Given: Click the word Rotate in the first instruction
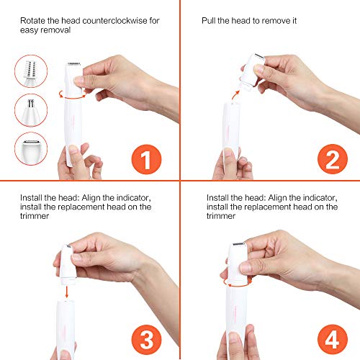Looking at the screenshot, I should click(x=34, y=22).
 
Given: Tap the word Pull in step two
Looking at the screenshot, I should click(x=210, y=22).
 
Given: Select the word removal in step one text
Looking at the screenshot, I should click(x=61, y=32).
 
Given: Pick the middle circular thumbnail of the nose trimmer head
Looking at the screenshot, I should click(x=30, y=112).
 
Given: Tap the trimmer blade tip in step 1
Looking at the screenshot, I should click(x=73, y=66).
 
